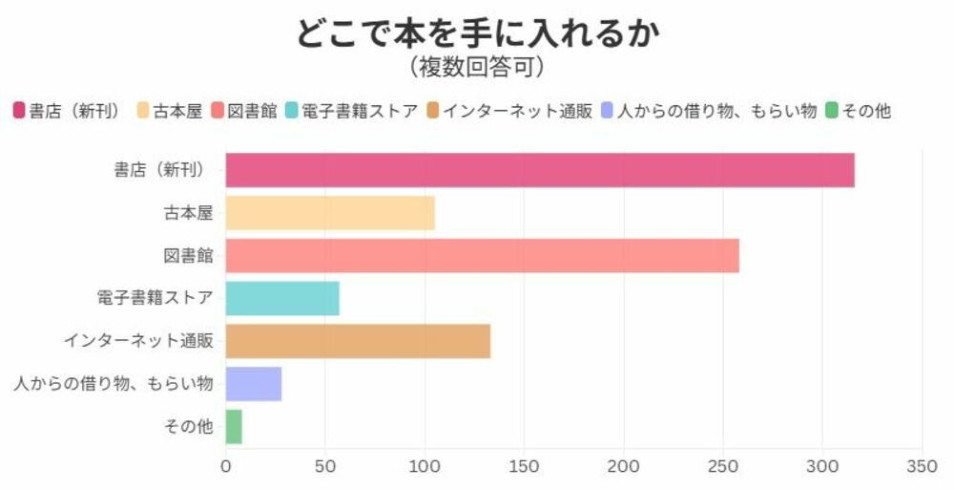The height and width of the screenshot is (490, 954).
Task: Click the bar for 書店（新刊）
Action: pos(540,170)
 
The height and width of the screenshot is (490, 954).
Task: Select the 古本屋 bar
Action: pos(330,213)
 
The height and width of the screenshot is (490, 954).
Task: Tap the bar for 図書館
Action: pos(482,256)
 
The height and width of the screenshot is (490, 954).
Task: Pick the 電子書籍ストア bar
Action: pos(282,298)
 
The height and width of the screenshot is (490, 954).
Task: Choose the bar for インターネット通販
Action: pos(358,341)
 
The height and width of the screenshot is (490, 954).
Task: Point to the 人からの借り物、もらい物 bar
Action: pos(254,384)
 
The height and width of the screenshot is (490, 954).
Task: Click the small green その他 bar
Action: pos(234,427)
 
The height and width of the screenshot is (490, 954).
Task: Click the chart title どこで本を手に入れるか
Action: pos(477,32)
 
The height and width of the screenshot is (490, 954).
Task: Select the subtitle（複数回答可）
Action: pos(477,67)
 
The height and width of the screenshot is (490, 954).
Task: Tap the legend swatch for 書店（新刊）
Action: pos(19,111)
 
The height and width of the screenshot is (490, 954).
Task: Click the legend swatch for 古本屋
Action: pos(144,111)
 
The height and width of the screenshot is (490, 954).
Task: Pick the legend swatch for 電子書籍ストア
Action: pos(291,111)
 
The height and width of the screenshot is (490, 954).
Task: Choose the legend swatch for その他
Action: pos(832,111)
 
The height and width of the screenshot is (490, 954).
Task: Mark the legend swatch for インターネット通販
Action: pos(432,111)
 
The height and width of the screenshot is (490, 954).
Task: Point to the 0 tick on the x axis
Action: pos(226,467)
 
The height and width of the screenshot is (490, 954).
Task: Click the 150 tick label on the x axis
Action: pos(524,467)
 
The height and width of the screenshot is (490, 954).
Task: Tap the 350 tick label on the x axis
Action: pos(922,467)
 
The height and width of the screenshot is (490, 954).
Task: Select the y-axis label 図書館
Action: pos(188,256)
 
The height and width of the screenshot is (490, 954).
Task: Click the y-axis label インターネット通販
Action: pos(138,341)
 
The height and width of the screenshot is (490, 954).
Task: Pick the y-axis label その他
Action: pos(189,427)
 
